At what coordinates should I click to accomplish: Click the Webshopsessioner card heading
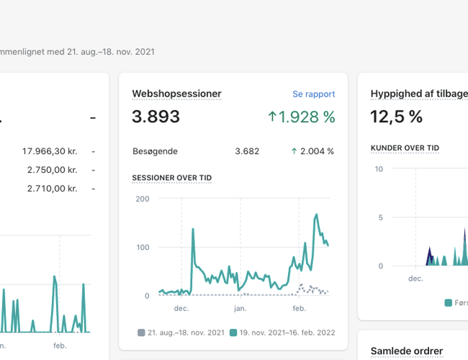point(176,94)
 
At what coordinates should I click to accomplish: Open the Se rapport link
point(313,94)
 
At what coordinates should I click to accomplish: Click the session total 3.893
point(156,117)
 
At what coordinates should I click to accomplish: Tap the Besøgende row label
point(155,151)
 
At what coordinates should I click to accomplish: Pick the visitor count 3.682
point(247,151)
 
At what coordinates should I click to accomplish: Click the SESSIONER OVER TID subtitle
point(171,177)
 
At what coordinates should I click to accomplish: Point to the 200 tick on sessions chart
point(142,199)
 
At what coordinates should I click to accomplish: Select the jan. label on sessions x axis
point(240,307)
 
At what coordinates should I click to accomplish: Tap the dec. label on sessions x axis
point(181,307)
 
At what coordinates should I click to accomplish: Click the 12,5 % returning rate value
point(396,117)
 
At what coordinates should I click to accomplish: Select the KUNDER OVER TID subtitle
point(405,148)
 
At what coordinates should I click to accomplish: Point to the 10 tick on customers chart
point(379,168)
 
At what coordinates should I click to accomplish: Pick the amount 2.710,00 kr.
point(52,188)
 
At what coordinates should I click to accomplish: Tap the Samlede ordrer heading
point(406,351)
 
